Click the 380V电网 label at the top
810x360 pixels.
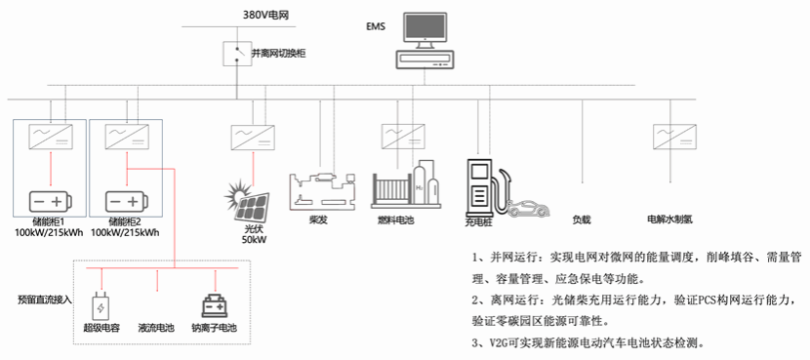point(265,15)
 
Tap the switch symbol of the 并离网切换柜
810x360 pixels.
point(237,54)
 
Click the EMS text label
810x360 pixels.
point(376,26)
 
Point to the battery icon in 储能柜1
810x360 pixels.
point(51,200)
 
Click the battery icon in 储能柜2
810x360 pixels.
point(127,200)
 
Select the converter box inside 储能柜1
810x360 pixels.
point(51,137)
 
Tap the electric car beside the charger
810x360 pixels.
point(528,209)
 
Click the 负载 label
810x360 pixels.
point(582,220)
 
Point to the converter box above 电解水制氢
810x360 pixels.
point(674,137)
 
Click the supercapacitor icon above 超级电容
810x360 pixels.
point(101,308)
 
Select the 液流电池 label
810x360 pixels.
point(156,328)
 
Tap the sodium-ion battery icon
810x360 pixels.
point(215,305)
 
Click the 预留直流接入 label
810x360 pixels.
point(44,300)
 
